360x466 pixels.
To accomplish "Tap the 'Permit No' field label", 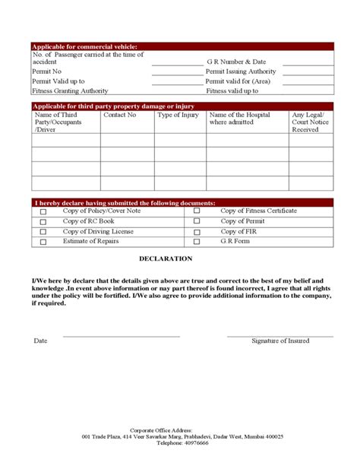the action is (x=47, y=71).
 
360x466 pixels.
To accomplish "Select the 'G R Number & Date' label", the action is (x=236, y=62).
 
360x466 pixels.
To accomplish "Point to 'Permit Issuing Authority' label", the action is (x=241, y=71).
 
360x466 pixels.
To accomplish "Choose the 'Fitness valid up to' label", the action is (x=232, y=90).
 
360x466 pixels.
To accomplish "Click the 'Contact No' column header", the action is (x=120, y=116).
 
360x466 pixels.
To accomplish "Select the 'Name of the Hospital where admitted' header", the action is (x=239, y=119).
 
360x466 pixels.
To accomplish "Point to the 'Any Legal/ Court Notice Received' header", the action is (x=311, y=122).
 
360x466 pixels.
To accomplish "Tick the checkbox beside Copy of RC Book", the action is (x=43, y=222).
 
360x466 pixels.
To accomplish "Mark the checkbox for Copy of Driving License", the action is (x=43, y=232).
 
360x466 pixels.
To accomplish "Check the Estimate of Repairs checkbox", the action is (x=43, y=242).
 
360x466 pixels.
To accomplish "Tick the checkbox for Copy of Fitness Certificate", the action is (x=197, y=211).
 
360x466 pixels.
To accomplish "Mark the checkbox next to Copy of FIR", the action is (x=197, y=232).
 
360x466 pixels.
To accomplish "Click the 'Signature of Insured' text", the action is (x=280, y=341).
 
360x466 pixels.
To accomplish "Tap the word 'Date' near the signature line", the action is (x=40, y=341).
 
